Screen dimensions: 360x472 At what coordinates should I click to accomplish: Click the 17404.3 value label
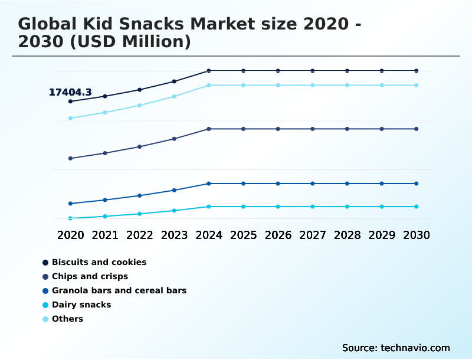click(x=70, y=93)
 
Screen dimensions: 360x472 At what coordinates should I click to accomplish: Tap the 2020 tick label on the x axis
click(x=70, y=235)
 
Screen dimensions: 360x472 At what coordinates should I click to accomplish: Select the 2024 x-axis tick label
click(x=209, y=235)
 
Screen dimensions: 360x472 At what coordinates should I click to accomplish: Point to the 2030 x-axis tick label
click(x=417, y=235)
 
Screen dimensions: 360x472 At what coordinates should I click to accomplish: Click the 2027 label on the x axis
click(x=313, y=235)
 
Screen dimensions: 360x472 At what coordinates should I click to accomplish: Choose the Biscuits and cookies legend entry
click(x=99, y=262)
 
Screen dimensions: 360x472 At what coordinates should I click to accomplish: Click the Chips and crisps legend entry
click(x=90, y=276)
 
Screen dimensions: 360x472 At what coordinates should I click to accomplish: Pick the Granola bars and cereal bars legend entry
click(x=119, y=290)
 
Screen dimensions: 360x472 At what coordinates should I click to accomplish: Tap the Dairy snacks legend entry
click(x=81, y=305)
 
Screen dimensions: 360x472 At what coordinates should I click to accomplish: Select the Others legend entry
click(x=67, y=319)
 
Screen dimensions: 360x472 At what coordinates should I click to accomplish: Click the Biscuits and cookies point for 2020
click(x=70, y=102)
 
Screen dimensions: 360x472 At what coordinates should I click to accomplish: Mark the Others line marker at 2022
click(x=140, y=105)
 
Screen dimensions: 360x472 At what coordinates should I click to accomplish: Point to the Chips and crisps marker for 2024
click(x=209, y=129)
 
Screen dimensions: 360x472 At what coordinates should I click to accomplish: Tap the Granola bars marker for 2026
click(x=278, y=184)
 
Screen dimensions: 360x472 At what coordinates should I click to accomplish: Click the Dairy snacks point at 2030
click(x=417, y=207)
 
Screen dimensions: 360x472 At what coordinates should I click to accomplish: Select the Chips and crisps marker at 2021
click(x=105, y=153)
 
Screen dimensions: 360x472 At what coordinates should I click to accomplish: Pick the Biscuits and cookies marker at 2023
click(x=174, y=81)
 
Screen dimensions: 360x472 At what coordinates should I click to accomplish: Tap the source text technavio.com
click(x=415, y=348)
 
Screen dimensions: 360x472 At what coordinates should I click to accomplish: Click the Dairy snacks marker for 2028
click(x=347, y=207)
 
